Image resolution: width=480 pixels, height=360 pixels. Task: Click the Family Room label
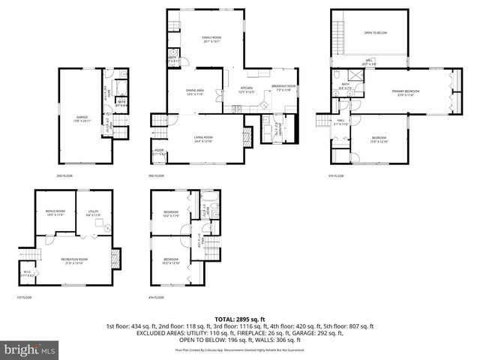click(x=211, y=39)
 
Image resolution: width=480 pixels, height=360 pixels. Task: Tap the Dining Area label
click(x=195, y=92)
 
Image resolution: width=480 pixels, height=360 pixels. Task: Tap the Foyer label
click(x=159, y=152)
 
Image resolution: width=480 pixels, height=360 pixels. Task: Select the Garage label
click(x=82, y=118)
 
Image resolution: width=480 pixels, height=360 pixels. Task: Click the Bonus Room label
click(x=55, y=214)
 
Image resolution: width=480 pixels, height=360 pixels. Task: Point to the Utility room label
click(x=92, y=214)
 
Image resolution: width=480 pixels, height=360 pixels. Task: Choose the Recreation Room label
click(x=74, y=260)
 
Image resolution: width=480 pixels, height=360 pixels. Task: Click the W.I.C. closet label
click(x=26, y=274)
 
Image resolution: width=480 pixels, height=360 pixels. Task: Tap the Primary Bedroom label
click(x=405, y=93)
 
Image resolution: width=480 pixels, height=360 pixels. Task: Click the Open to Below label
click(x=375, y=33)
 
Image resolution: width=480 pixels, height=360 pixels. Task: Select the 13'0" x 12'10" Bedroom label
click(x=379, y=139)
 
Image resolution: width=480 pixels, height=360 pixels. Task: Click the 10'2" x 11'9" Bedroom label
click(x=171, y=214)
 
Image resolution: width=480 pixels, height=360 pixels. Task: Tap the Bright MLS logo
click(x=30, y=349)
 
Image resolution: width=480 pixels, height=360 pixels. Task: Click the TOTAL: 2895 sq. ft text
click(x=240, y=319)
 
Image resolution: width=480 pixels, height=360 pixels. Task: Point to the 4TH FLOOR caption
click(x=156, y=298)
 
